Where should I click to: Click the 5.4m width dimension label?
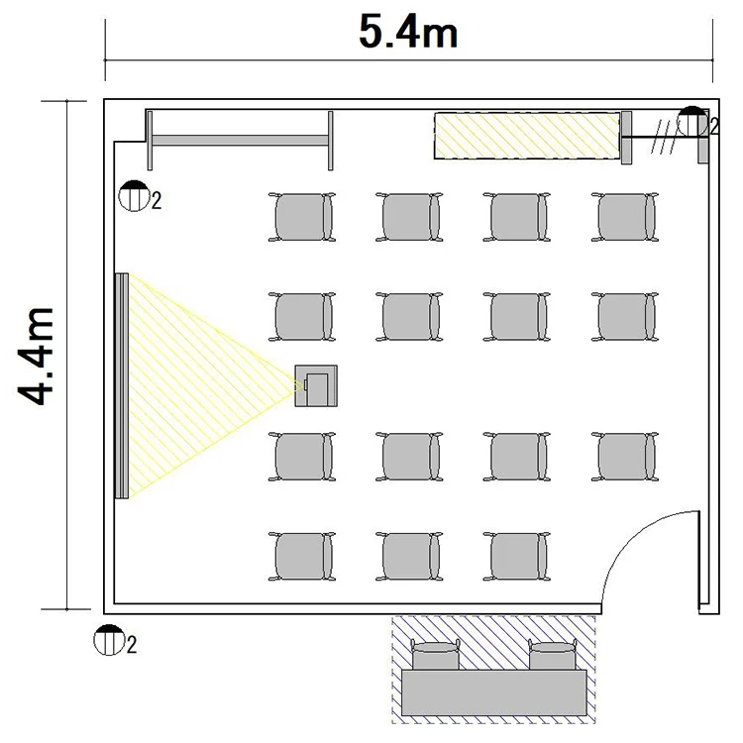[x=408, y=33]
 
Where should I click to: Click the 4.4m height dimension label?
[x=36, y=356]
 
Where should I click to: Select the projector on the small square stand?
[x=316, y=385]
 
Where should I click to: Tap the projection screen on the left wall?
[x=122, y=385]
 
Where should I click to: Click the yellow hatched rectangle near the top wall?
[x=527, y=136]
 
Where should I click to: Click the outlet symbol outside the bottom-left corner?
[x=109, y=640]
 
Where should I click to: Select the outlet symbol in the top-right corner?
[x=692, y=122]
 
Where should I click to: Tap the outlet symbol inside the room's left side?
[x=134, y=196]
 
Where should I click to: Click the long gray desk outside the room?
[x=494, y=692]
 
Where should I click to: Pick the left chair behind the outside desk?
[x=436, y=655]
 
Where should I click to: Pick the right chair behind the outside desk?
[x=553, y=655]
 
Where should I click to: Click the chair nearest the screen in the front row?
[x=302, y=217]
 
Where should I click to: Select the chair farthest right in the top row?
[x=624, y=217]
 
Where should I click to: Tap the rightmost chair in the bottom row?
[x=517, y=557]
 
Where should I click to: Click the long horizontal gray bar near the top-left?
[x=241, y=141]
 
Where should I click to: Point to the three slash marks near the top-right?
[x=664, y=137]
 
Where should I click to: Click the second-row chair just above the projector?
[x=302, y=317]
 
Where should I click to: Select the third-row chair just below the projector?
[x=302, y=457]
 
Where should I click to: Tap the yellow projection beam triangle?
[x=189, y=385]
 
